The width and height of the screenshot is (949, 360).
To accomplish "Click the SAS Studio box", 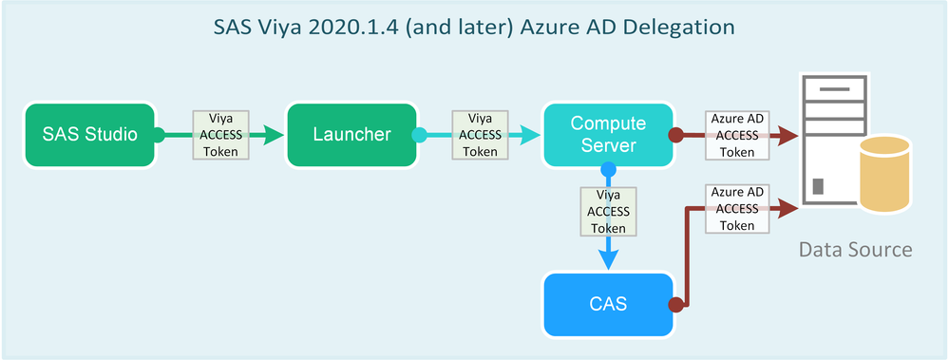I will pos(89,135).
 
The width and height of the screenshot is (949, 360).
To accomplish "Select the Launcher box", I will pos(351,135).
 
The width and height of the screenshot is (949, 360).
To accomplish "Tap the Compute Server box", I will pos(608,135).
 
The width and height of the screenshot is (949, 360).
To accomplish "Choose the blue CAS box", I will pos(608,305).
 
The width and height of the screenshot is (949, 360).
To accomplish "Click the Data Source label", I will pos(855,250).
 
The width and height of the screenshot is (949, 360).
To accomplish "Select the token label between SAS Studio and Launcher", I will pos(220,135).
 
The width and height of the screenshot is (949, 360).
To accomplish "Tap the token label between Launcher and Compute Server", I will pos(481,135).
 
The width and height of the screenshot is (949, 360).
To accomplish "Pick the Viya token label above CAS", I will pos(608,211).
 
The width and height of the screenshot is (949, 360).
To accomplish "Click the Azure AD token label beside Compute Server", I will pos(736,135).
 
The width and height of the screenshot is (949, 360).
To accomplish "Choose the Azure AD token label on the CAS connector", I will pos(736,209).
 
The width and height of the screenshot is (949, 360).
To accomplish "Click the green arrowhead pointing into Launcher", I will pos(275,135).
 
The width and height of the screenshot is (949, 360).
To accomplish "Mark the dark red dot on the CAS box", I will pos(675,305).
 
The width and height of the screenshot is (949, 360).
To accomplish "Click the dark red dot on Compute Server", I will pos(675,135).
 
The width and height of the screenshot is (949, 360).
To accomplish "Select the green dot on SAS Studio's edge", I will pos(159,135).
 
